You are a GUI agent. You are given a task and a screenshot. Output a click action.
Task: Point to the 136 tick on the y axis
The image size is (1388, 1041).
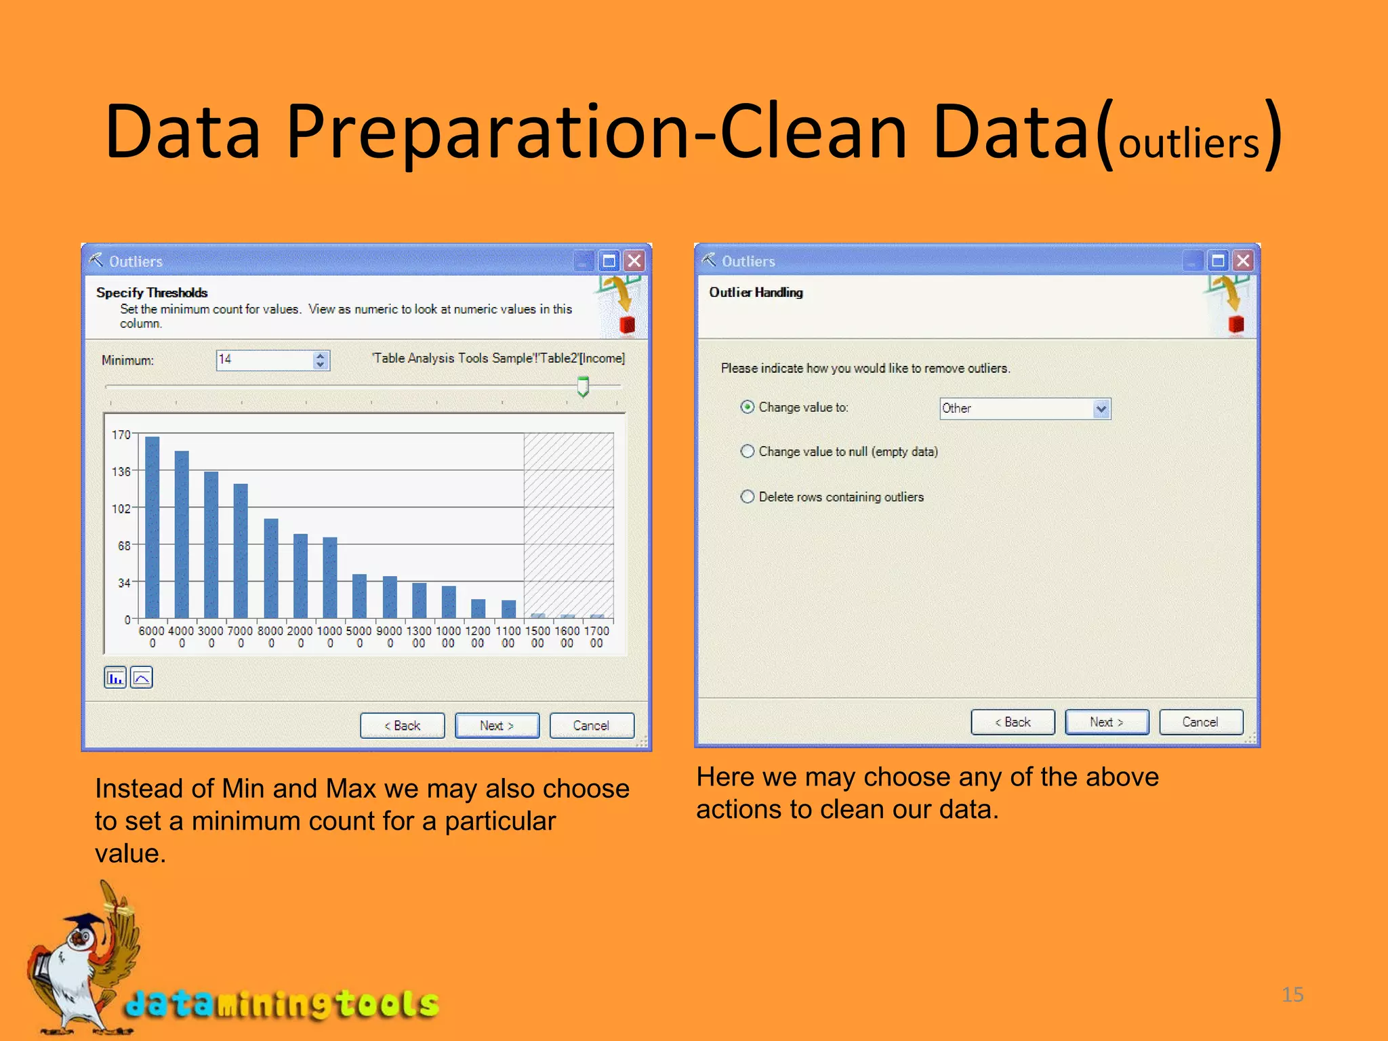pyautogui.click(x=121, y=471)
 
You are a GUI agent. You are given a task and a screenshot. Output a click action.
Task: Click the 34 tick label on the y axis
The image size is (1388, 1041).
pyautogui.click(x=123, y=582)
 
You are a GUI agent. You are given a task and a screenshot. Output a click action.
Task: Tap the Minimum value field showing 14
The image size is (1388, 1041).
pyautogui.click(x=264, y=360)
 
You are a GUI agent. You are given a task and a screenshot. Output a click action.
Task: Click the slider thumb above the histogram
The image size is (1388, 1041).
pyautogui.click(x=583, y=386)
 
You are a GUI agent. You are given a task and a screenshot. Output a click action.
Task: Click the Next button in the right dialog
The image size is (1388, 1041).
pyautogui.click(x=1106, y=722)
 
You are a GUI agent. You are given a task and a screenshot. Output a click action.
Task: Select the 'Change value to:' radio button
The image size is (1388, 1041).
pyautogui.click(x=748, y=407)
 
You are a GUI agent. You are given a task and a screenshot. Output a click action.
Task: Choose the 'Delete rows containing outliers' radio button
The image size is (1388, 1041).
pyautogui.click(x=748, y=497)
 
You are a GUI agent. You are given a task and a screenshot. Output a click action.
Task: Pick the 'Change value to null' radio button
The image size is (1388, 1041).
pyautogui.click(x=748, y=451)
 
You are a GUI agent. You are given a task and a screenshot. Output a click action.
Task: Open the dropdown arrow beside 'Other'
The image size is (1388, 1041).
pyautogui.click(x=1101, y=409)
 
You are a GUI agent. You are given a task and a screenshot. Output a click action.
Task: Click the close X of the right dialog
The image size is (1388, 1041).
pyautogui.click(x=1244, y=261)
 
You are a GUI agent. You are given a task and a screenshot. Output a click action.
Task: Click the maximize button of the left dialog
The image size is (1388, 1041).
pyautogui.click(x=609, y=261)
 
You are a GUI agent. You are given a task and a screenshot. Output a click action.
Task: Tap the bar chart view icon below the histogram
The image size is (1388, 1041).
pyautogui.click(x=115, y=677)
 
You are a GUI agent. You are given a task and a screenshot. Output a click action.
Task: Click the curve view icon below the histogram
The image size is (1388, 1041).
pyautogui.click(x=142, y=677)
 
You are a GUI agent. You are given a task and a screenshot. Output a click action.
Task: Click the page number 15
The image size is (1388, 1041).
pyautogui.click(x=1292, y=994)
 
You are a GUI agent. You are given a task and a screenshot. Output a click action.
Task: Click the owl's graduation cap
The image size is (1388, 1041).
pyautogui.click(x=84, y=922)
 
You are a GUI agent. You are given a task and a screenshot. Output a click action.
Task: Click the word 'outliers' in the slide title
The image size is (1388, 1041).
pyautogui.click(x=1188, y=144)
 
